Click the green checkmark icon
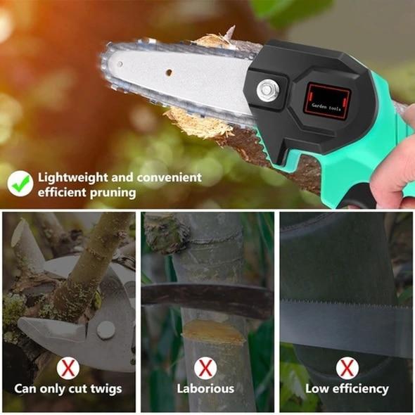[x=20, y=184]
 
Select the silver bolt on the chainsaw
[x=267, y=89]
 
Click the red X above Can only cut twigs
[x=68, y=367]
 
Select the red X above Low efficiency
[x=346, y=367]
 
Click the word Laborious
[x=206, y=388]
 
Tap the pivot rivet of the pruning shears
[x=106, y=329]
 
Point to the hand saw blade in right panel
[x=345, y=324]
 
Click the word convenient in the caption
[x=169, y=178]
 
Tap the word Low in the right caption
[x=317, y=388]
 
